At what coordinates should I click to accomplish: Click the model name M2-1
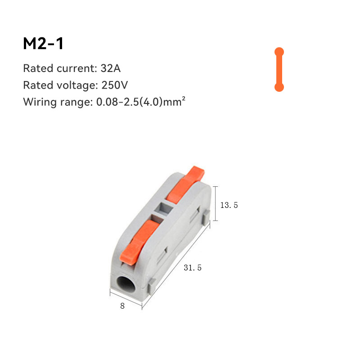point(44,44)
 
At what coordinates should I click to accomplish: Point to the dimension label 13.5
point(229,205)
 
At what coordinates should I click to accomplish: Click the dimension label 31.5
point(193,268)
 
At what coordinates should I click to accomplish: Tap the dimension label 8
point(122,306)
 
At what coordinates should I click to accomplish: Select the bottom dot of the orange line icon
point(279,87)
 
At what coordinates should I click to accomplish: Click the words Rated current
point(58,69)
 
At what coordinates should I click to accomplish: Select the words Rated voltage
point(58,85)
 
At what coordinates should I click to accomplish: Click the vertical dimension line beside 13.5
point(216,203)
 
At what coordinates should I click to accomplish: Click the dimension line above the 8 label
point(126,300)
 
